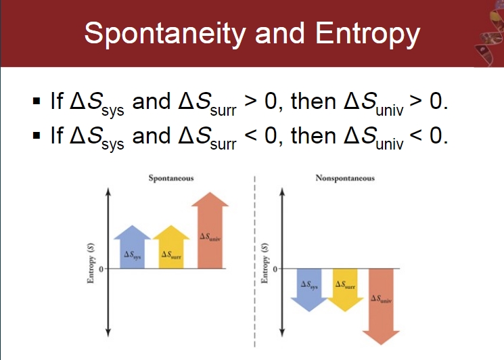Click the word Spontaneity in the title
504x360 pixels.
tap(165, 34)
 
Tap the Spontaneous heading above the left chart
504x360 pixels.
tap(171, 178)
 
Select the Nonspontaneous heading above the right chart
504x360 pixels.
tap(345, 178)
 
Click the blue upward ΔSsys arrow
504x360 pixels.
tap(132, 247)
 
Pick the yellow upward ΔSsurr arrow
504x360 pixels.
tap(171, 247)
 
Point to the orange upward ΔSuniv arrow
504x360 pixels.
tap(210, 230)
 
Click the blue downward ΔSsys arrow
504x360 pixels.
tap(309, 290)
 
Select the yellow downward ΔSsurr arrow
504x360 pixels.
tap(345, 290)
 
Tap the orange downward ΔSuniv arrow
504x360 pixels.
tap(381, 307)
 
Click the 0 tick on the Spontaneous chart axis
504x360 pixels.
tap(101, 269)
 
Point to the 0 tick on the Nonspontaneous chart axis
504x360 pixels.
tap(275, 269)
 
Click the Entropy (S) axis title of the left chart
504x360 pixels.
tap(91, 263)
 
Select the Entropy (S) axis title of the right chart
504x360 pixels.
tap(265, 263)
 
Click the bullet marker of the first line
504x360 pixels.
tap(37, 102)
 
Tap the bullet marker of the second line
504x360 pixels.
tap(37, 135)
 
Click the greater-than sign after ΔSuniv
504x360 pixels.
tap(415, 101)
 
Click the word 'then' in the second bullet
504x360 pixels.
tap(313, 135)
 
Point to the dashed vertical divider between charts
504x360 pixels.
tap(254, 261)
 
